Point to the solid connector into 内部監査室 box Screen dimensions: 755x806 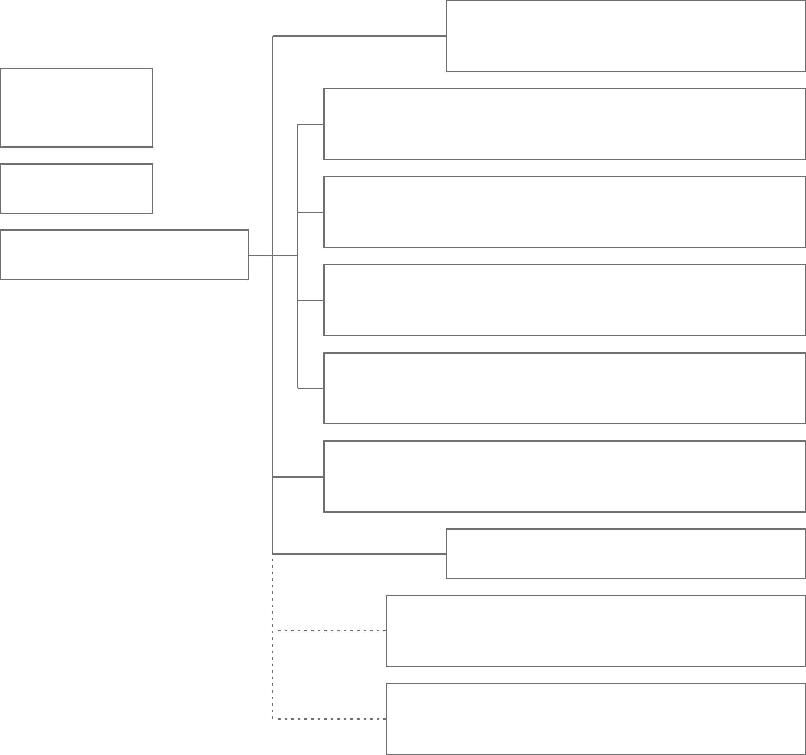pyautogui.click(x=359, y=554)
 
